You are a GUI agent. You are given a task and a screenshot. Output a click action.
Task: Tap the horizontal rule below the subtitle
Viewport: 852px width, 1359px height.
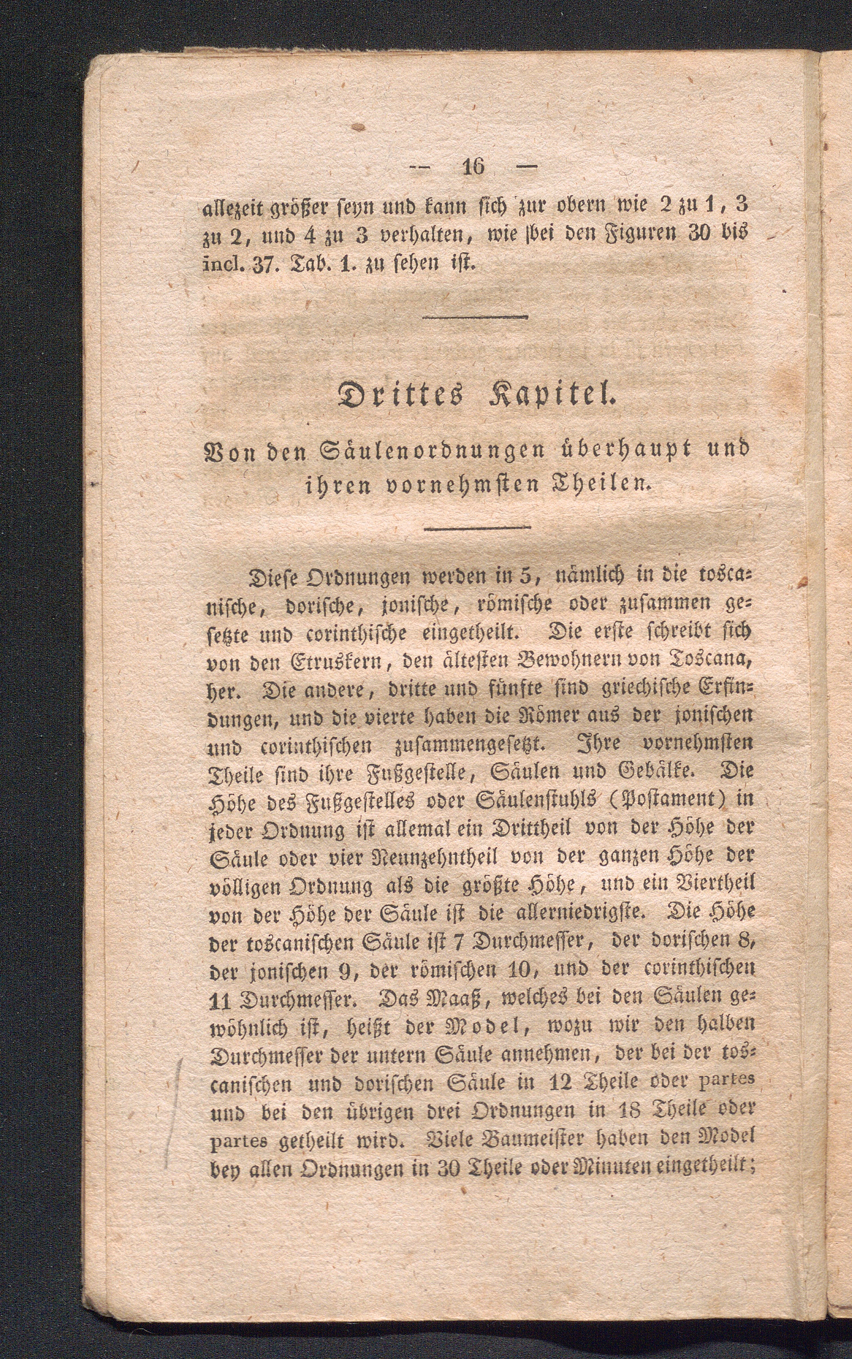click(477, 528)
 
